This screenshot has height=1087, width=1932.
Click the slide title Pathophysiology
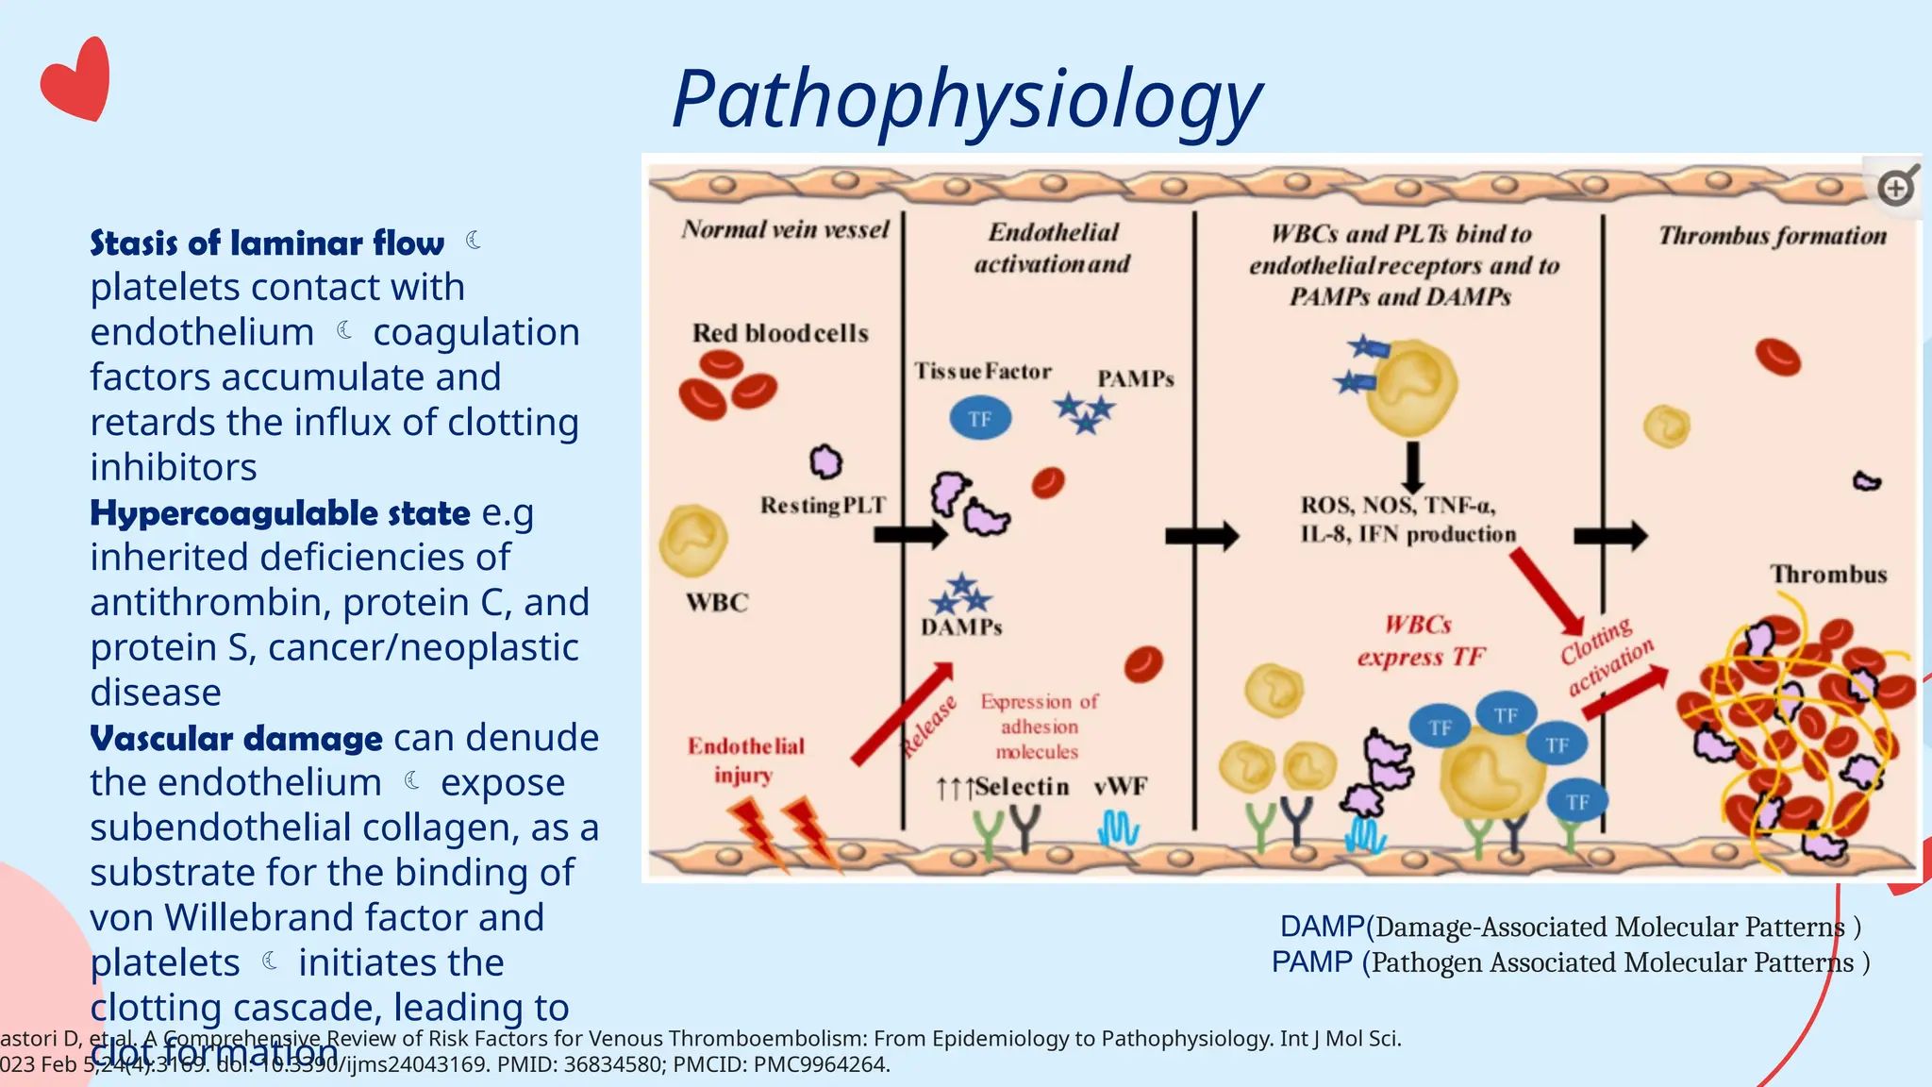point(966,100)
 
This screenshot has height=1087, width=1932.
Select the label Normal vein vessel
point(785,230)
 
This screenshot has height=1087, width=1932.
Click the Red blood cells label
point(780,333)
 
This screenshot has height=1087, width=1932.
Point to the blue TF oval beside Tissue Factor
point(979,419)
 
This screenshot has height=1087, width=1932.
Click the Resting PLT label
point(823,506)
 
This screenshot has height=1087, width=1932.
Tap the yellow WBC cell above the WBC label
point(693,541)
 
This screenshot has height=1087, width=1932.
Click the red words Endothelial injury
point(745,761)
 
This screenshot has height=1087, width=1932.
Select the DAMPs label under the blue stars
point(961,627)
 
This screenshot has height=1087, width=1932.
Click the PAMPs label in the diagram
point(1135,379)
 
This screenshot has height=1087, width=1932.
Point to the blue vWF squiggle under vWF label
point(1119,829)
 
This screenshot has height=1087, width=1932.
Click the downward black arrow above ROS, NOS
point(1412,466)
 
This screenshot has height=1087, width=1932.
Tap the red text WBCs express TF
point(1420,641)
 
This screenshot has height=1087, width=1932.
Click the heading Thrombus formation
point(1772,236)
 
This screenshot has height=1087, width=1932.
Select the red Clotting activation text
point(1606,657)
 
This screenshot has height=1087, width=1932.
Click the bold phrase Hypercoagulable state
point(279,513)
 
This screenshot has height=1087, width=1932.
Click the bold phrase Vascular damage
point(236,738)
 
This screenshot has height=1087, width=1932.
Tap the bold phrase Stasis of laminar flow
point(267,243)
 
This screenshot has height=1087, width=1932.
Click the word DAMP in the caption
point(1322,927)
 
